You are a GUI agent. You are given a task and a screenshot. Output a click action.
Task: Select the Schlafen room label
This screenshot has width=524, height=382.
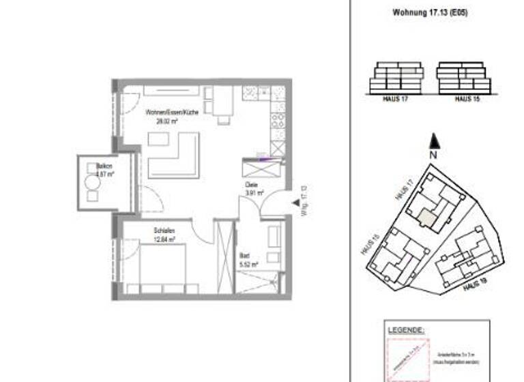[x=164, y=231]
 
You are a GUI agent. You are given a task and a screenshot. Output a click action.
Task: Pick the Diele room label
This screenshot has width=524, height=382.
[x=252, y=183]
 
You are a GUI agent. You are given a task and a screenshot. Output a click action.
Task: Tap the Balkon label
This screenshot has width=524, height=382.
[x=104, y=166]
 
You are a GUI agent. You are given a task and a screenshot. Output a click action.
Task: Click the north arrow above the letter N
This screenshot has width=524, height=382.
[x=433, y=142]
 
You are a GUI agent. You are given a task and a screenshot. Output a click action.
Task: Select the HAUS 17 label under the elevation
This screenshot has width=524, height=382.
[x=396, y=100]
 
